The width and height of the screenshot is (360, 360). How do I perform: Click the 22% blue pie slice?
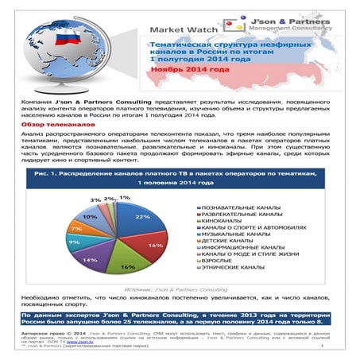(141, 222)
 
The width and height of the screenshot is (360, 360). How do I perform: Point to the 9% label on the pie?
(74, 242)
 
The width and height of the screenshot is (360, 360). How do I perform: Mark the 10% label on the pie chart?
(90, 216)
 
